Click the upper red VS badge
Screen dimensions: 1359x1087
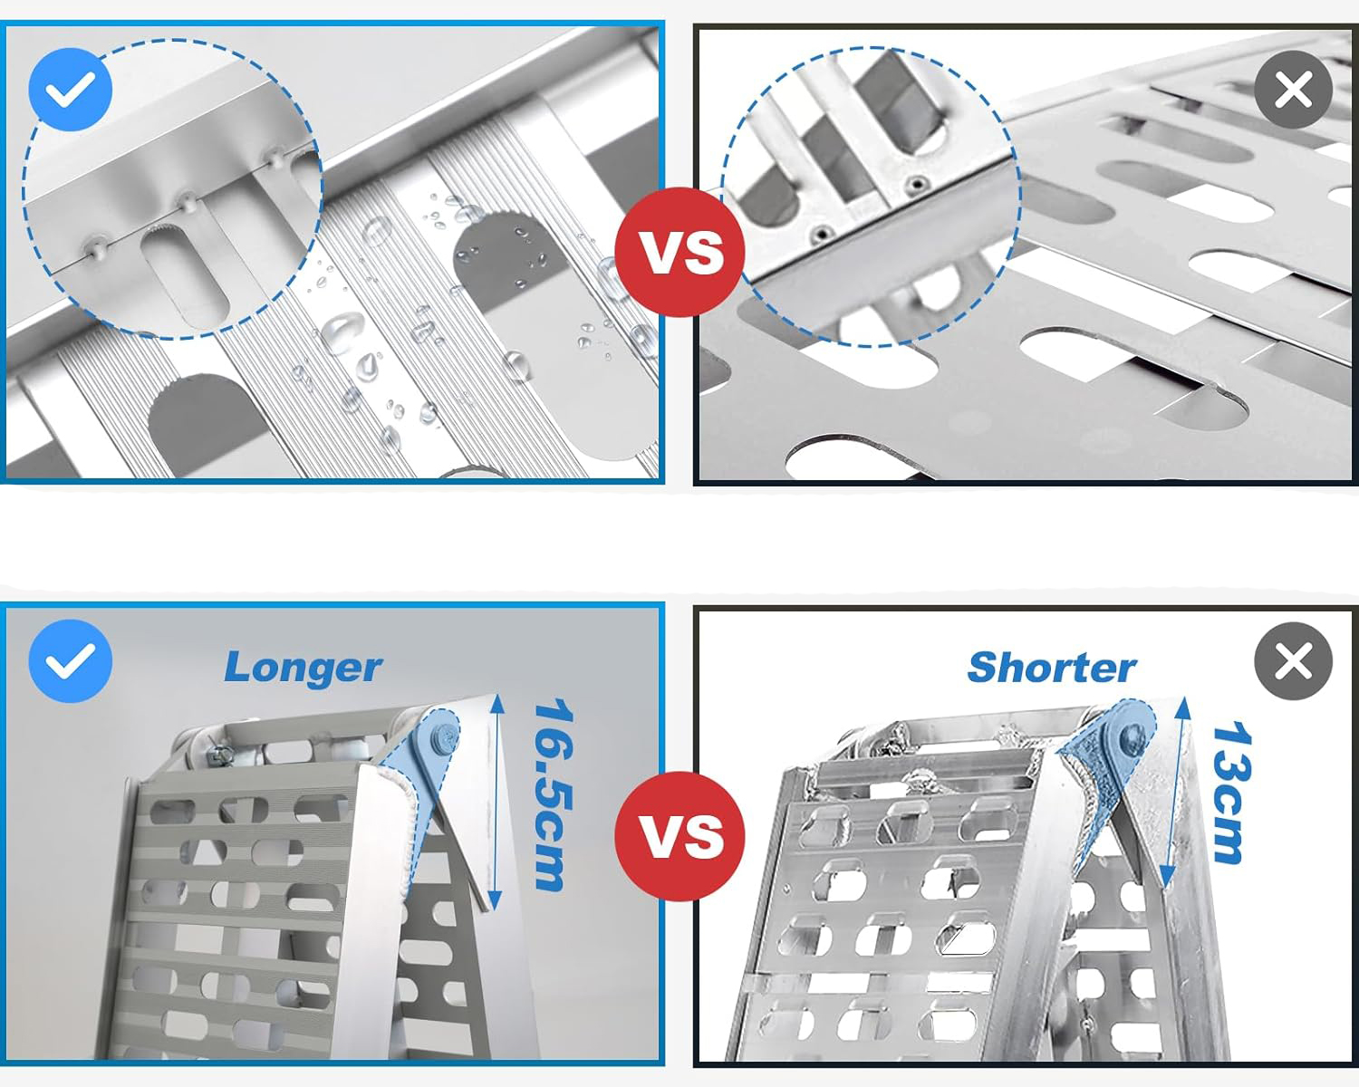680,252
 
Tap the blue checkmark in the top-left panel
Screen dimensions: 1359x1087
70,89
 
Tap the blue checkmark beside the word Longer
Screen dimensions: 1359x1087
70,660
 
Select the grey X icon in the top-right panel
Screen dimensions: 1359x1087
1294,90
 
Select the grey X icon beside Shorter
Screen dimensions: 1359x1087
1294,661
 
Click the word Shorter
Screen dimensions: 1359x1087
1052,667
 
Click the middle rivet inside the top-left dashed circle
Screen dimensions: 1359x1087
187,201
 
